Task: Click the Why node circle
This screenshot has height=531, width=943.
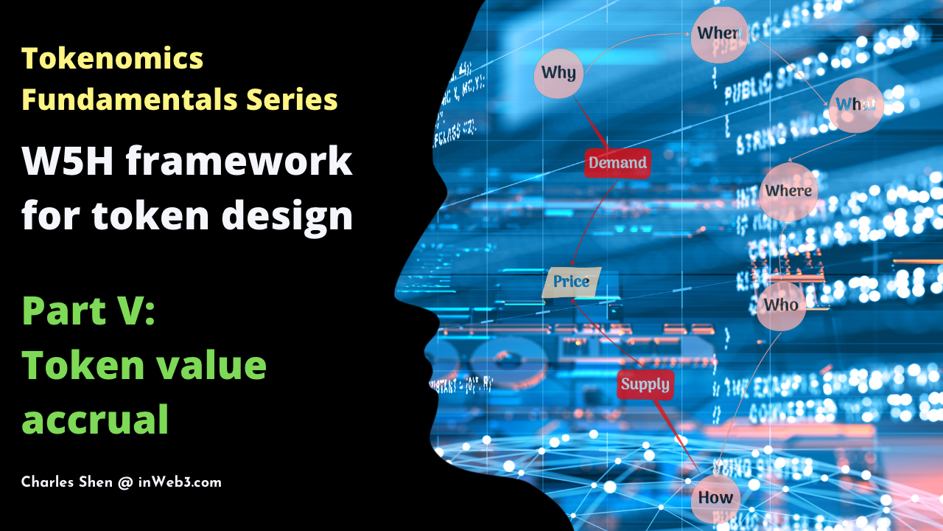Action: [559, 73]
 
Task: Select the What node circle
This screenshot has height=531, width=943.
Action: [855, 105]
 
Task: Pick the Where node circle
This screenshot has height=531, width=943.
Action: [788, 191]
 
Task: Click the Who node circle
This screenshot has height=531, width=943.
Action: [782, 304]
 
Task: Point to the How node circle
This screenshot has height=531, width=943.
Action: [715, 497]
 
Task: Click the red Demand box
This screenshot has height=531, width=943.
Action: [617, 162]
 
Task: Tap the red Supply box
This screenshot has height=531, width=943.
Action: [645, 384]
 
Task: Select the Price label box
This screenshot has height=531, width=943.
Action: [572, 282]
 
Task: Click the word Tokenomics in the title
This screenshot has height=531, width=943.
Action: [113, 58]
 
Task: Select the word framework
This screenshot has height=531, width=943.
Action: [239, 162]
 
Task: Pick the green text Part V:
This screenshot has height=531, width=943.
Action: [88, 311]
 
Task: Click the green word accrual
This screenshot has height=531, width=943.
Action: [96, 420]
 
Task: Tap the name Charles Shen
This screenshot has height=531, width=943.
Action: [67, 482]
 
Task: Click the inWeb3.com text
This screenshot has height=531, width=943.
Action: [180, 482]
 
